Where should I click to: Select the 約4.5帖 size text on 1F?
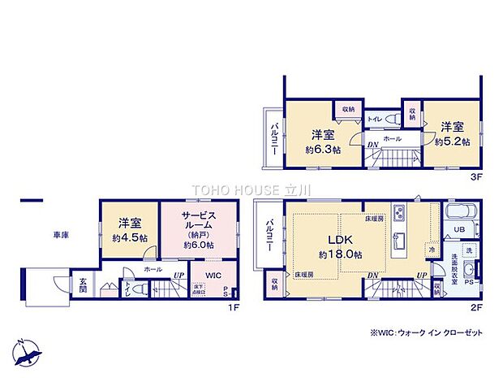point(129,238)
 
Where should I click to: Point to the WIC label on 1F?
point(213,276)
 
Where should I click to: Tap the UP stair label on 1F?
point(177,274)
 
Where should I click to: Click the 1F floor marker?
point(233,308)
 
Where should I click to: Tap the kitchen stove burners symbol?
point(401,215)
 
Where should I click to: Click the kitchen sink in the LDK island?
point(400,241)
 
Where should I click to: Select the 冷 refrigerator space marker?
point(433,250)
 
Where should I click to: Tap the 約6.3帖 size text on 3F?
point(322,150)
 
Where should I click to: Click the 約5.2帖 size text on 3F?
point(452,141)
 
